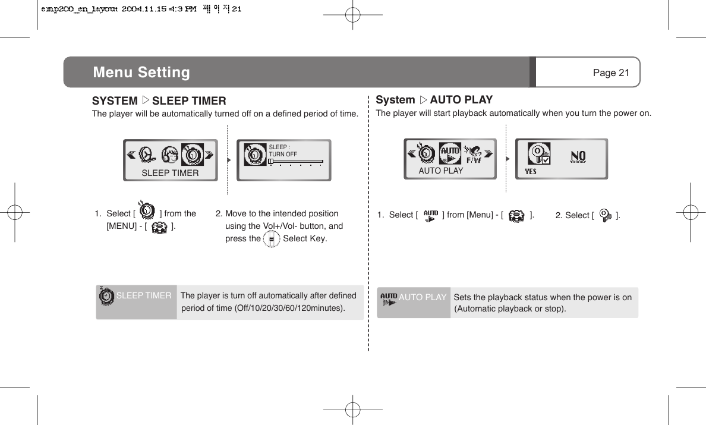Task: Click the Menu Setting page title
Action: pyautogui.click(x=141, y=73)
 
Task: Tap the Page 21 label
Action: pyautogui.click(x=610, y=73)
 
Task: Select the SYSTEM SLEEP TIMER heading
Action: pyautogui.click(x=159, y=101)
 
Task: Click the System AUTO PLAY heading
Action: pyautogui.click(x=434, y=100)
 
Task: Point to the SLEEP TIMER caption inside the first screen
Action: pyautogui.click(x=170, y=173)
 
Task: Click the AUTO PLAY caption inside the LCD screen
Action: pyautogui.click(x=440, y=171)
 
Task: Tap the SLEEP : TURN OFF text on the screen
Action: pyautogui.click(x=283, y=150)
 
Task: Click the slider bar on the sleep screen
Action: pyautogui.click(x=295, y=161)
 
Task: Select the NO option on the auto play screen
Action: pyautogui.click(x=578, y=156)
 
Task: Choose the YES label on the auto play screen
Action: pyautogui.click(x=531, y=172)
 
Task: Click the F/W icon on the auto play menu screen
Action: pyautogui.click(x=473, y=155)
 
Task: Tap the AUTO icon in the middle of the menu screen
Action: pyautogui.click(x=449, y=154)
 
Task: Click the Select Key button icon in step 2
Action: pyautogui.click(x=271, y=239)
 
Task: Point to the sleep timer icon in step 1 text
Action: pyautogui.click(x=147, y=211)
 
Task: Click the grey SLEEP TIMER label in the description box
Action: pyautogui.click(x=144, y=295)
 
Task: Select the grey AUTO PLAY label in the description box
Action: pyautogui.click(x=422, y=297)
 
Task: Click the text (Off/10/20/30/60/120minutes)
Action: pyautogui.click(x=263, y=308)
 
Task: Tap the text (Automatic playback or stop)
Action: pyautogui.click(x=510, y=309)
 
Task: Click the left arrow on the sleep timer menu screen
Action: pyautogui.click(x=131, y=155)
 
